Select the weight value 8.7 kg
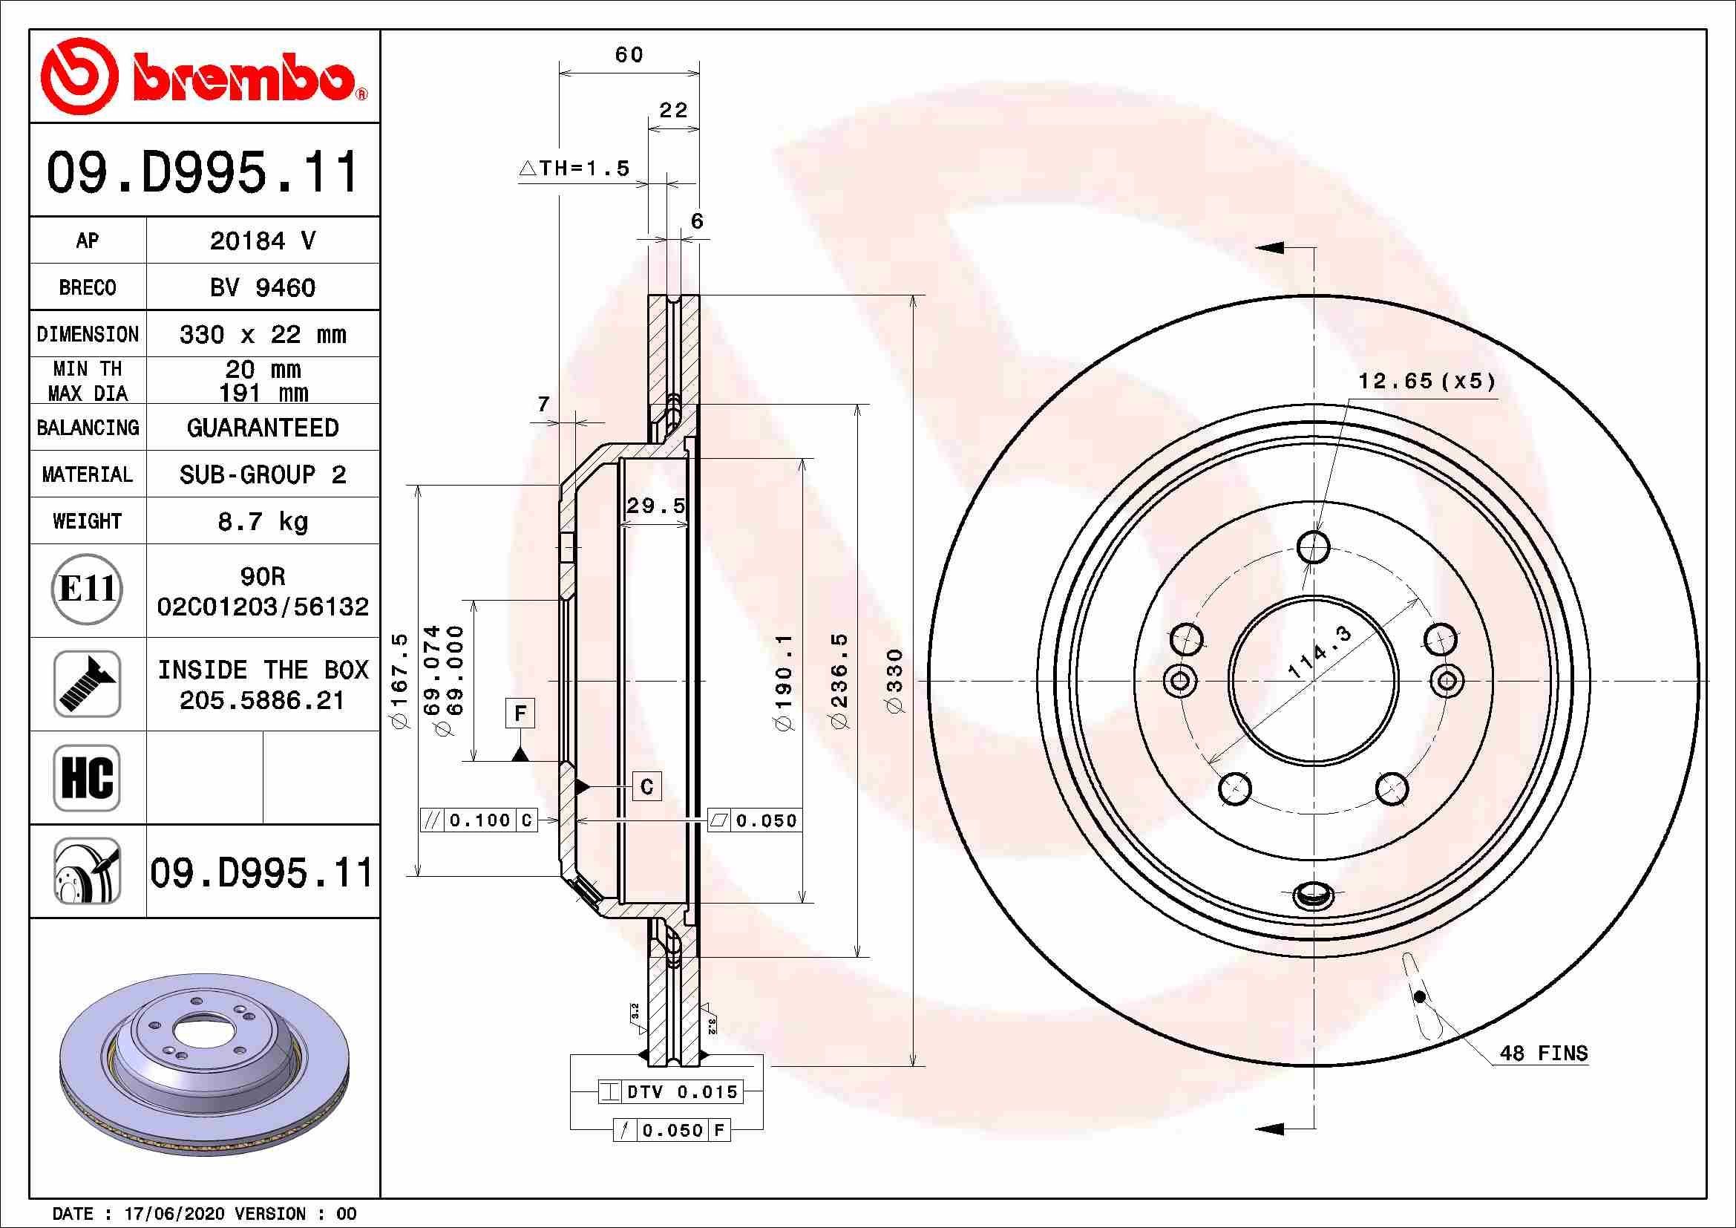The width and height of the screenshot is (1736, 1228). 262,521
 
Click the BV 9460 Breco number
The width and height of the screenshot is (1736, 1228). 262,287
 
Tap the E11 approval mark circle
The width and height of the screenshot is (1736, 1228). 87,589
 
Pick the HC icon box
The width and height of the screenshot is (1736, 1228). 87,777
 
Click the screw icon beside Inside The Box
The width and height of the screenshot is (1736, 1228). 87,684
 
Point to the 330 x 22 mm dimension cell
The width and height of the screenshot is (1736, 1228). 262,334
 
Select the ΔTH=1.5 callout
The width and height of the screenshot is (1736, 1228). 574,168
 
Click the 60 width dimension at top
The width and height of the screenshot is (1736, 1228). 629,54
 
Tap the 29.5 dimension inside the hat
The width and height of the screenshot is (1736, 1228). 655,505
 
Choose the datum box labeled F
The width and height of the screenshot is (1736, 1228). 520,713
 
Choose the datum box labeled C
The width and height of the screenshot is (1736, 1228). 646,786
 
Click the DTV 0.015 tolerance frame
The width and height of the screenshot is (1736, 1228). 672,1092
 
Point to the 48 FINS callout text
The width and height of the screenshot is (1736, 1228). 1543,1054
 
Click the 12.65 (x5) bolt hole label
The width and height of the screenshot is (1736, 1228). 1427,381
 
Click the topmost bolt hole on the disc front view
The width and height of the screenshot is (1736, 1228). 1314,546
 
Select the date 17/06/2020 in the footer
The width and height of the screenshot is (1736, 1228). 174,1214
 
